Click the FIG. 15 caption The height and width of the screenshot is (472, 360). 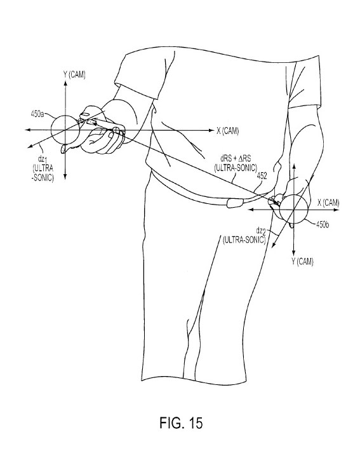181,422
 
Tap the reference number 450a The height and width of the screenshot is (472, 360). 37,114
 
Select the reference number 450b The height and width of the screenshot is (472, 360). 322,224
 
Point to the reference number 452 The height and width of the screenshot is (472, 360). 262,177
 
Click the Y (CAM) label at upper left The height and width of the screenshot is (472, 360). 74,74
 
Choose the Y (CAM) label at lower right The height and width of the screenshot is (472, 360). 302,262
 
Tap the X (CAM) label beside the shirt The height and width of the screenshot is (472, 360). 228,131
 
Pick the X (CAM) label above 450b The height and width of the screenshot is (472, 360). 328,203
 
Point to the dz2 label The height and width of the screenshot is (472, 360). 261,231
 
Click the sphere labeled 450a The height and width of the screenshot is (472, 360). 65,130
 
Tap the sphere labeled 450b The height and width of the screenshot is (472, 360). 293,209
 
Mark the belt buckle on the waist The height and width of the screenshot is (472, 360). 234,203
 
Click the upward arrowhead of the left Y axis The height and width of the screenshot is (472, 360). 65,84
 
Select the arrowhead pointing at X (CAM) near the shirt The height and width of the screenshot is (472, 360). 210,130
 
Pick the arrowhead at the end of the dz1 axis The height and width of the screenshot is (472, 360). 29,146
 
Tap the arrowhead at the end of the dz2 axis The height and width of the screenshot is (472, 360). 274,245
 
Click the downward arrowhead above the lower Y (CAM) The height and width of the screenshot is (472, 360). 293,253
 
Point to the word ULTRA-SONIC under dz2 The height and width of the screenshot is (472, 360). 244,240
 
